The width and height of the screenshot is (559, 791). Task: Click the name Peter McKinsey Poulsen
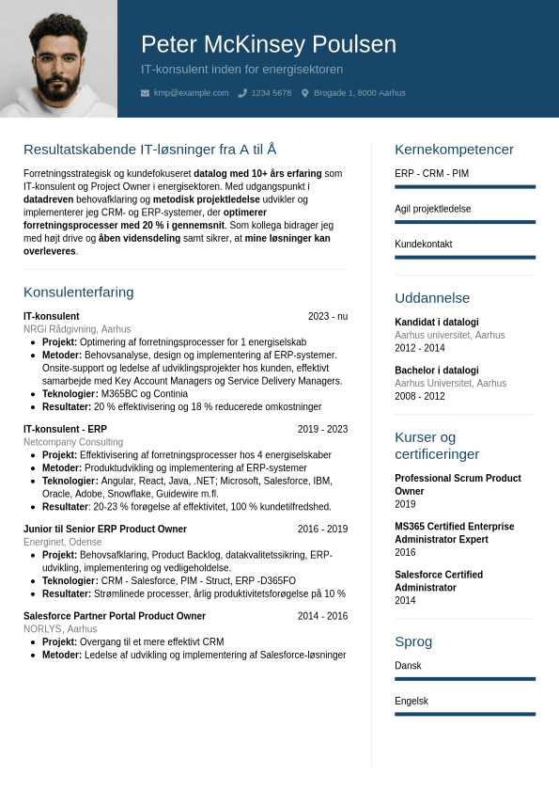tap(269, 44)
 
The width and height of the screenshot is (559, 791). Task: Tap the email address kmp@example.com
tap(191, 93)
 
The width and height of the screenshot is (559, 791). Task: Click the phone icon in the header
tap(242, 93)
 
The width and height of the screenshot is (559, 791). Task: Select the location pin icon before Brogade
tap(305, 93)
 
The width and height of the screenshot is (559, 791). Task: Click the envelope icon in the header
tap(145, 93)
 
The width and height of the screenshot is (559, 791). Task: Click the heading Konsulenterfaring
tap(79, 292)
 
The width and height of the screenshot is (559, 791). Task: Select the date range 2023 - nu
tap(327, 317)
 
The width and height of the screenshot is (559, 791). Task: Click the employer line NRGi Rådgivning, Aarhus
tap(77, 329)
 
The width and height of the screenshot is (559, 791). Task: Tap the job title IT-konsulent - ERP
tap(65, 429)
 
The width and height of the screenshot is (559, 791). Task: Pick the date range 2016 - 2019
tap(322, 530)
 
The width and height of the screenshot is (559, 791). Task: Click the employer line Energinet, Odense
tap(63, 542)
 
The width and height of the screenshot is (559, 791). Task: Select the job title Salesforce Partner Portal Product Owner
tap(115, 616)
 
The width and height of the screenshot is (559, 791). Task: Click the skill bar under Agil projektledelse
tap(465, 222)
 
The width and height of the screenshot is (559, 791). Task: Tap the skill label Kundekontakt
tap(424, 245)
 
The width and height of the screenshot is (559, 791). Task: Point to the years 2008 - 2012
tap(420, 396)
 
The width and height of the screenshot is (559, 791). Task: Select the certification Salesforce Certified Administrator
tap(439, 581)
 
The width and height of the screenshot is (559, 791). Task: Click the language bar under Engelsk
tap(465, 714)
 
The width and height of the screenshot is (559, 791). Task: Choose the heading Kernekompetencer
tap(454, 150)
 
